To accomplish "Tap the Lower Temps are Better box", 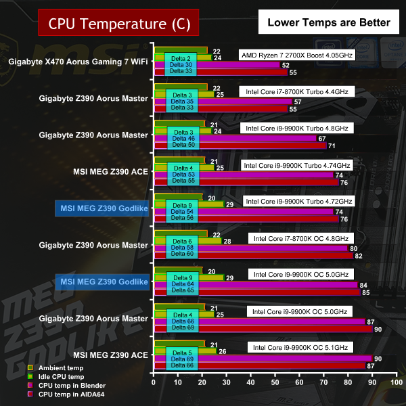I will pyautogui.click(x=329, y=22).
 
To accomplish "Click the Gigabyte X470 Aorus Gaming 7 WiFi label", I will pyautogui.click(x=78, y=62).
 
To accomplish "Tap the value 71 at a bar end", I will pyautogui.click(x=331, y=145).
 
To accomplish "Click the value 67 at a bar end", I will pyautogui.click(x=321, y=138).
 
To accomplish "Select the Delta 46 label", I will pyautogui.click(x=182, y=138).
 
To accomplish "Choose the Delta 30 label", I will pyautogui.click(x=182, y=65).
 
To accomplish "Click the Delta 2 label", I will pyautogui.click(x=182, y=58).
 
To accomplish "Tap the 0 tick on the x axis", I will pyautogui.click(x=154, y=383).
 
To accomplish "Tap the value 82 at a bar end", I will pyautogui.click(x=358, y=255).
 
